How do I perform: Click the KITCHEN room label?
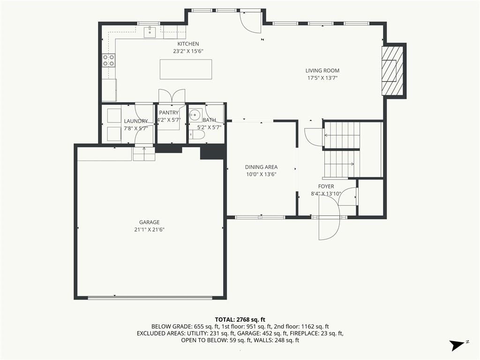[188, 44]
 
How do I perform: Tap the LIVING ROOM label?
[322, 71]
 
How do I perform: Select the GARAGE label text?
[150, 222]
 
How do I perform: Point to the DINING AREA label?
[261, 167]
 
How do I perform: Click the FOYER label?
[326, 187]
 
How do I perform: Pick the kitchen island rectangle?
[186, 69]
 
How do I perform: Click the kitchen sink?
[150, 32]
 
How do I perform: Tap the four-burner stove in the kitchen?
[108, 60]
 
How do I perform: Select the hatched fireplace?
[392, 71]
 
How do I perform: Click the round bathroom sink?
[194, 115]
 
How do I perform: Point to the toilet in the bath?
[196, 135]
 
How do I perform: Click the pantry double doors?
[172, 96]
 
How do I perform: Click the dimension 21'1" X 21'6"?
[150, 230]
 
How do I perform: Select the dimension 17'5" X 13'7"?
[322, 78]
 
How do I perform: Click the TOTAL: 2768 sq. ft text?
[240, 320]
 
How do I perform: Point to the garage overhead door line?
[150, 297]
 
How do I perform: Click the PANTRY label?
[169, 112]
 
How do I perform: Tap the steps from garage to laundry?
[144, 154]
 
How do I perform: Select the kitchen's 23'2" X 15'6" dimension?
[188, 52]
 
